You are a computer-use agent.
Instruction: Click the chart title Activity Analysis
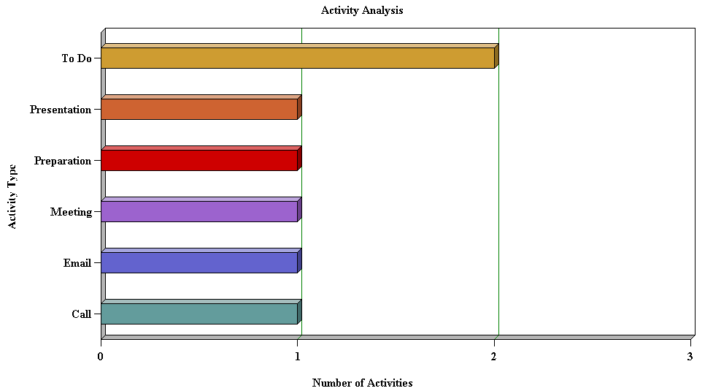(362, 10)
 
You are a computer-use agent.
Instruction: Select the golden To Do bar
(298, 58)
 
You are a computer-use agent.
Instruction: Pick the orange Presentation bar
(199, 109)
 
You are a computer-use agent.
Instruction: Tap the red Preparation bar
(199, 160)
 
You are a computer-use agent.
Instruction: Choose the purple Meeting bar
(199, 211)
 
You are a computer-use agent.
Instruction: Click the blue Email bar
(199, 262)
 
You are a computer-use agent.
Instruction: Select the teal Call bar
(199, 314)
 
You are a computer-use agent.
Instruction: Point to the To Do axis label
(77, 58)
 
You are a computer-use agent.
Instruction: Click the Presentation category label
(61, 110)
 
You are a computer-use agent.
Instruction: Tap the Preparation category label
(63, 161)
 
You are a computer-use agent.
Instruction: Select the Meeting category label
(71, 212)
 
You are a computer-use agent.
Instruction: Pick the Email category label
(77, 263)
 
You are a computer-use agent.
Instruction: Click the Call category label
(81, 314)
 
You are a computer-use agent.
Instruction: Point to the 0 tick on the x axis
(101, 357)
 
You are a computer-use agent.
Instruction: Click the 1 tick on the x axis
(298, 357)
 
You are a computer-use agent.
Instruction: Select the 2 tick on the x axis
(494, 357)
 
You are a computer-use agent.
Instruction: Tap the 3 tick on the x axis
(690, 357)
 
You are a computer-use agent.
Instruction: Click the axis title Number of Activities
(362, 383)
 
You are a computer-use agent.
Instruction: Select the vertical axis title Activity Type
(12, 196)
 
